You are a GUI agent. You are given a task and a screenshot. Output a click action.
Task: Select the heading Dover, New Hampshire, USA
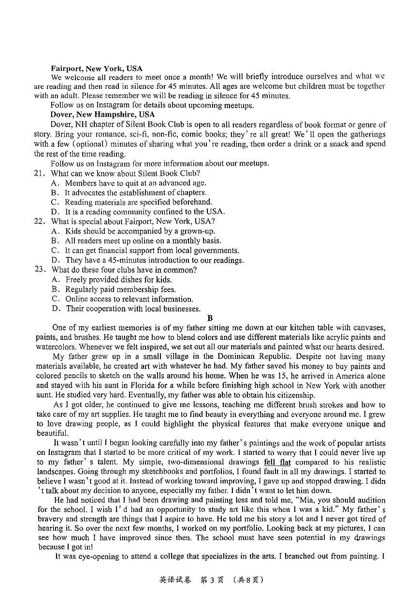click(x=102, y=114)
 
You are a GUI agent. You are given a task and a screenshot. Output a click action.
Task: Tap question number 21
click(x=39, y=173)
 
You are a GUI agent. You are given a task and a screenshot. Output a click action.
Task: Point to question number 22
click(x=39, y=221)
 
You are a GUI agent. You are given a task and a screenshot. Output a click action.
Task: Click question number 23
click(x=40, y=269)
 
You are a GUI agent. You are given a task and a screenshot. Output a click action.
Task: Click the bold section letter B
click(x=210, y=318)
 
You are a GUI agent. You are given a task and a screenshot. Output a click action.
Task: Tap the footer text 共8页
click(x=248, y=579)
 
